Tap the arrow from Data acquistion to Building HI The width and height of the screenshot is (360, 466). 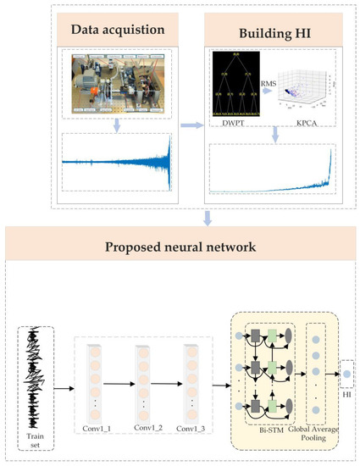coord(192,125)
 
